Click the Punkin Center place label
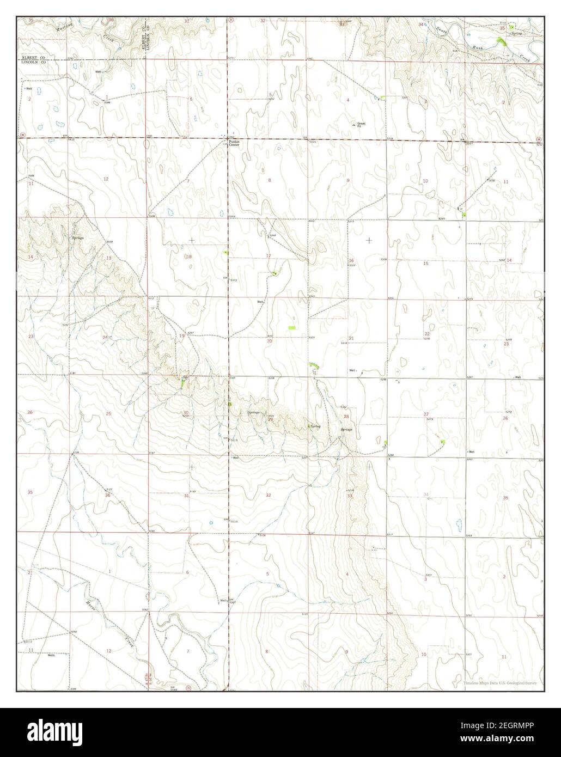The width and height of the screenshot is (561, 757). click(x=234, y=143)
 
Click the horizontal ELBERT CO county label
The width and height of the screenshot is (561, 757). click(x=33, y=57)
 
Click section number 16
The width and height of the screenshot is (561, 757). click(x=351, y=261)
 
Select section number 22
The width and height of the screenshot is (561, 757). click(x=427, y=334)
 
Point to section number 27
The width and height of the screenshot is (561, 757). click(x=426, y=414)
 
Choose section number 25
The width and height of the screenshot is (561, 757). click(x=108, y=414)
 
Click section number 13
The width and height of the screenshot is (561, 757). click(x=108, y=258)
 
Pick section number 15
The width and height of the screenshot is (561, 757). click(x=426, y=264)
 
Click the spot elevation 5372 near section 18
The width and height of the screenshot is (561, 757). click(x=234, y=280)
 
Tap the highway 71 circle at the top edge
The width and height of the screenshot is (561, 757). click(x=231, y=20)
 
